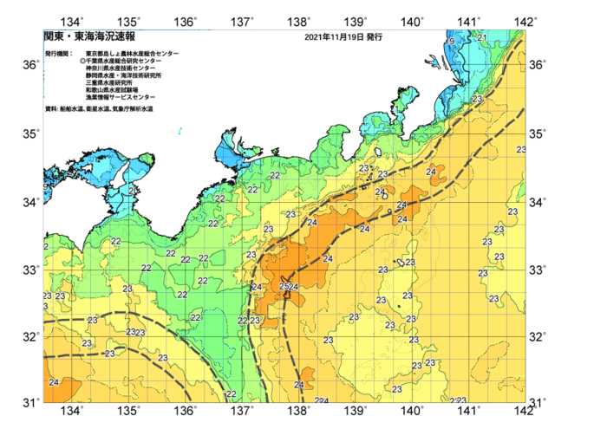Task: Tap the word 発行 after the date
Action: click(x=374, y=38)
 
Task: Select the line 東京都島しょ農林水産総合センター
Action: click(x=131, y=54)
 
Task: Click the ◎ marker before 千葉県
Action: click(x=82, y=62)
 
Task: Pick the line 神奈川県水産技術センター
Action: click(x=121, y=68)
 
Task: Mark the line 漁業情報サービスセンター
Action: click(x=121, y=97)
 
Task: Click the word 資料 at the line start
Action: click(x=50, y=109)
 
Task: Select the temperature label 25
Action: click(x=285, y=287)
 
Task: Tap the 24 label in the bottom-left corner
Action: click(x=54, y=382)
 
